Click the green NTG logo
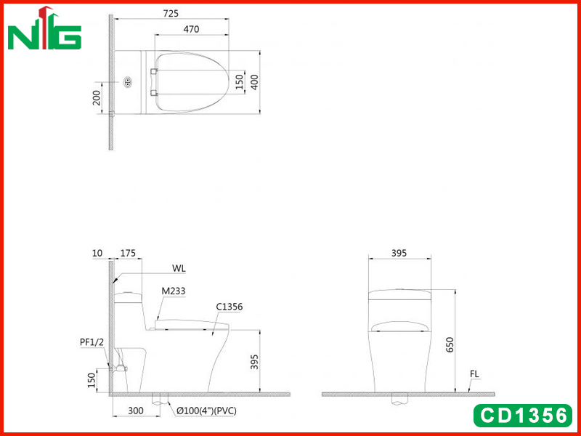(x=44, y=28)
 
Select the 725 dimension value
(x=171, y=13)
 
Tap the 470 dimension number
(x=191, y=29)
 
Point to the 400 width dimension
(x=254, y=82)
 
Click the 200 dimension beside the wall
(x=97, y=97)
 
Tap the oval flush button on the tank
(x=128, y=81)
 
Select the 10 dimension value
(x=97, y=253)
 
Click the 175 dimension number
(x=129, y=253)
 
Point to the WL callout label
(x=179, y=268)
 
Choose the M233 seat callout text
(x=174, y=291)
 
